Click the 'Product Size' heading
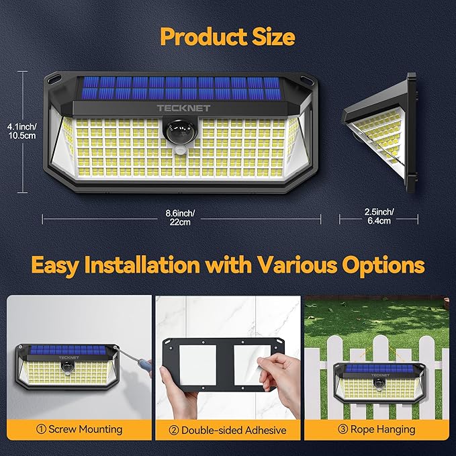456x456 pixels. point(228,36)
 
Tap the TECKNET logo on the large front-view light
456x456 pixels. point(176,107)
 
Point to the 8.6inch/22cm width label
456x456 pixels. point(181,218)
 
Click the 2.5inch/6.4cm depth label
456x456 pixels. point(379,218)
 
